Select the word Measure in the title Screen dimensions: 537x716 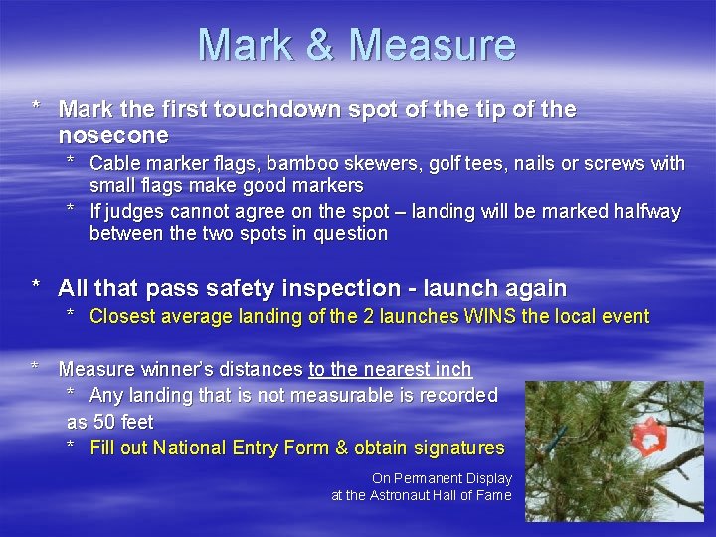click(x=434, y=46)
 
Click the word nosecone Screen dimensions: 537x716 click(x=113, y=135)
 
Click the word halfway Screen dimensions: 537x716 click(x=647, y=211)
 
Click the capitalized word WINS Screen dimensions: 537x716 click(x=484, y=317)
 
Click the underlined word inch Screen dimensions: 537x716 click(x=452, y=369)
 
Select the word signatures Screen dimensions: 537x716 click(x=456, y=447)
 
